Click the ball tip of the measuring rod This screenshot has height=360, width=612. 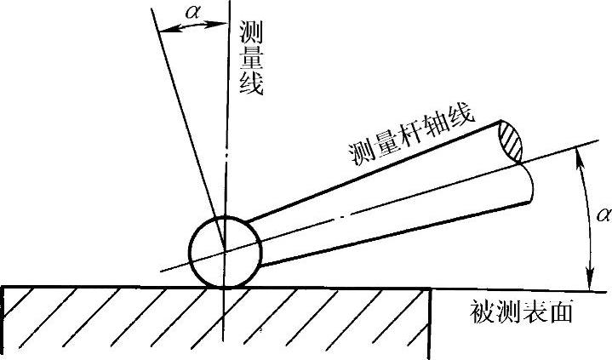click(225, 251)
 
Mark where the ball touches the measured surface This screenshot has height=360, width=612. click(221, 287)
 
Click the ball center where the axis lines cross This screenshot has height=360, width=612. click(225, 251)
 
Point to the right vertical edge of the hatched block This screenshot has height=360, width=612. click(430, 322)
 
